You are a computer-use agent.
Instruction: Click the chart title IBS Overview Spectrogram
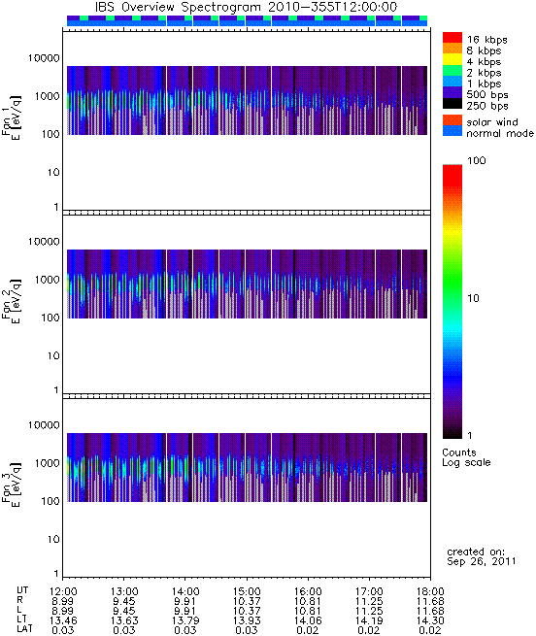[178, 8]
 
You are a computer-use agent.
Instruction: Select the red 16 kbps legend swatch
[452, 37]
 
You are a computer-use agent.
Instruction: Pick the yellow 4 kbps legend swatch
[452, 59]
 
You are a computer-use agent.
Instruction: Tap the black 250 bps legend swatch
[452, 104]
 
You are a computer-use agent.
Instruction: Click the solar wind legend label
[491, 122]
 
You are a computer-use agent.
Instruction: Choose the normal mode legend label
[500, 133]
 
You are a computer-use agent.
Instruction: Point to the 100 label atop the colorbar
[477, 160]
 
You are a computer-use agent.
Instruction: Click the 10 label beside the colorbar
[473, 298]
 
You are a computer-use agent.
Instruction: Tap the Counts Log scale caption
[466, 457]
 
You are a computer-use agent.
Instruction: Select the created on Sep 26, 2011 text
[482, 556]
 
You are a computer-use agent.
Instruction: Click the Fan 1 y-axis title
[11, 117]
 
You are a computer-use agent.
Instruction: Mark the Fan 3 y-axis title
[11, 484]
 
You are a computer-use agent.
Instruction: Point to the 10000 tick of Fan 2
[44, 242]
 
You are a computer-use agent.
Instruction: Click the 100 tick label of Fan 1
[50, 134]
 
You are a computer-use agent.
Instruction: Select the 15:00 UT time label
[247, 591]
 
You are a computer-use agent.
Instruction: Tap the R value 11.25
[369, 601]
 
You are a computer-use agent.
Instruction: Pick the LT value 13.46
[63, 620]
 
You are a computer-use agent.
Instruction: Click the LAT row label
[24, 630]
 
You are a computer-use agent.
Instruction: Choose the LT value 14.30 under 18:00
[430, 620]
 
